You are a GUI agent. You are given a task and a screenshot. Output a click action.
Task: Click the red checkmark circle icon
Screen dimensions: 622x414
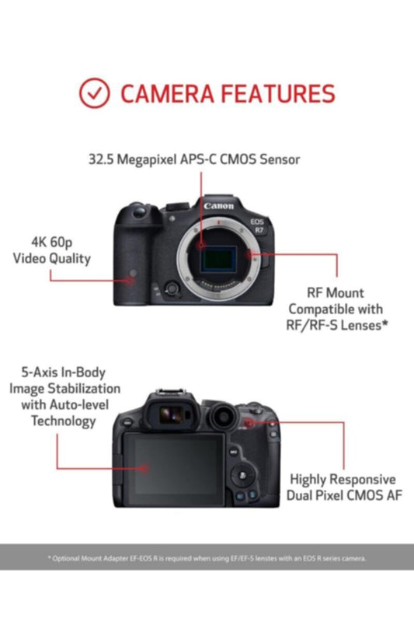pyautogui.click(x=95, y=93)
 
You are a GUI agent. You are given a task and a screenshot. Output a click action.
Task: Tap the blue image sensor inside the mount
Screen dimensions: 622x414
pyautogui.click(x=222, y=257)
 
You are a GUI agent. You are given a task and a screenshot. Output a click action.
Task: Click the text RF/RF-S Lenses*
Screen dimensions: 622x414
pyautogui.click(x=338, y=327)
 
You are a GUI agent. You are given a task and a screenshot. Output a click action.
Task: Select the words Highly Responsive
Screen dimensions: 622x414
pyautogui.click(x=343, y=480)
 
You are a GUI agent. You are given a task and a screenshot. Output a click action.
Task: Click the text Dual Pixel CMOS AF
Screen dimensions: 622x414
pyautogui.click(x=345, y=495)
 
